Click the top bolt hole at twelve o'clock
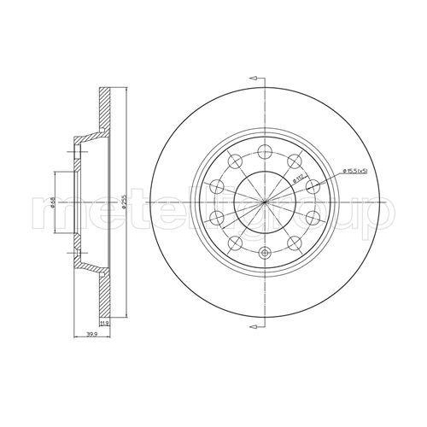(265, 151)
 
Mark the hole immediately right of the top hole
(295, 161)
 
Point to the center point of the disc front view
(265, 202)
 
